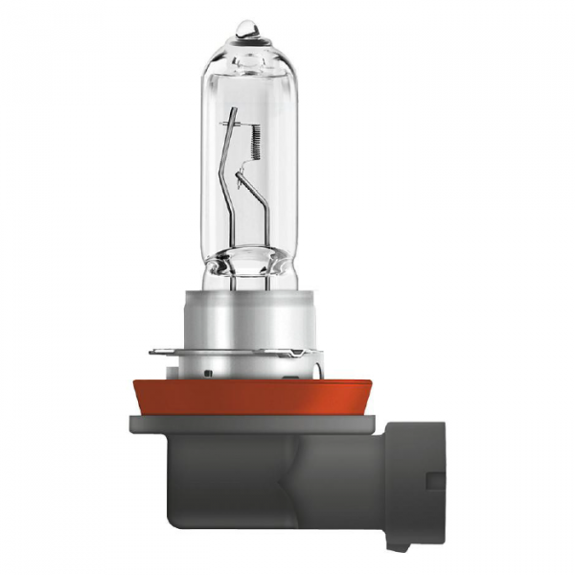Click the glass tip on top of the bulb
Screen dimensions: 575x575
tap(247, 28)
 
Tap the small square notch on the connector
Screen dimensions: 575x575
tap(435, 480)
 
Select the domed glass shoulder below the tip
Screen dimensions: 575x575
tap(247, 53)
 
